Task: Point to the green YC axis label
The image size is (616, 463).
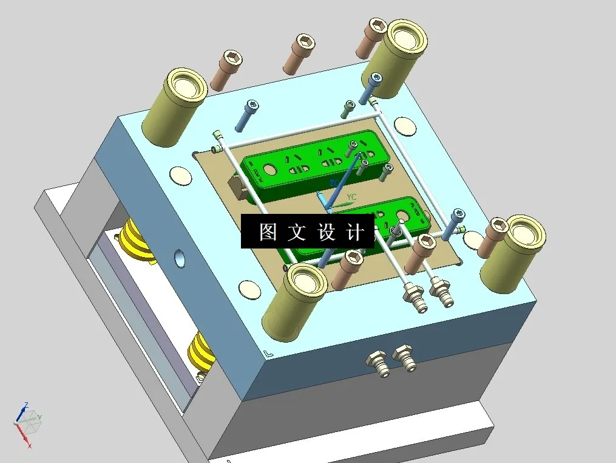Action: pyautogui.click(x=351, y=197)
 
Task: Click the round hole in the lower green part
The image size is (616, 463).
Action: pyautogui.click(x=401, y=215)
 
